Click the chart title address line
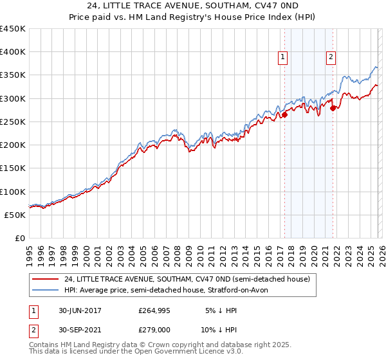[193, 7]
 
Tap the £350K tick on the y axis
[13, 75]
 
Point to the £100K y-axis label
[13, 192]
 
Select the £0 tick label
[19, 239]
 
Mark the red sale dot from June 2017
[284, 115]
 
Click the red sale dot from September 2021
[333, 109]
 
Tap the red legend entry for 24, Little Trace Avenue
[187, 280]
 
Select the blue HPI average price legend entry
[170, 290]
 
